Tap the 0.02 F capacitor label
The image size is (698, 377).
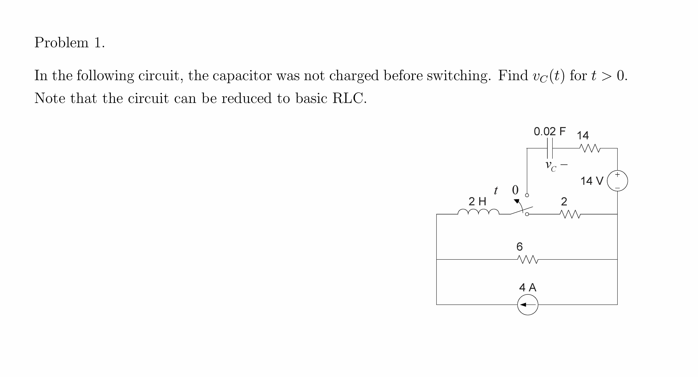click(x=550, y=132)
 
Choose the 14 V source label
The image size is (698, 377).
click(x=592, y=181)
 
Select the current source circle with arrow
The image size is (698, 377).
click(x=528, y=305)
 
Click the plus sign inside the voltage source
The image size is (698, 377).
click(x=617, y=175)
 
